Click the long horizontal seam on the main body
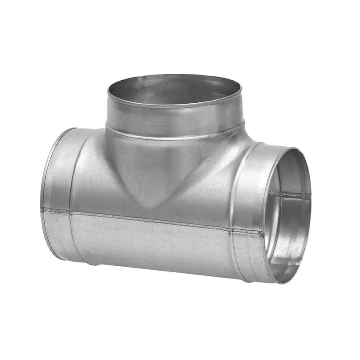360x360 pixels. coord(152,218)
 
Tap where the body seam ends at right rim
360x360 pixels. coord(263,233)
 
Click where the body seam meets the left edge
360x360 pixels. coord(42,210)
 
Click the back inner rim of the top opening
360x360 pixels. coord(173,78)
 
